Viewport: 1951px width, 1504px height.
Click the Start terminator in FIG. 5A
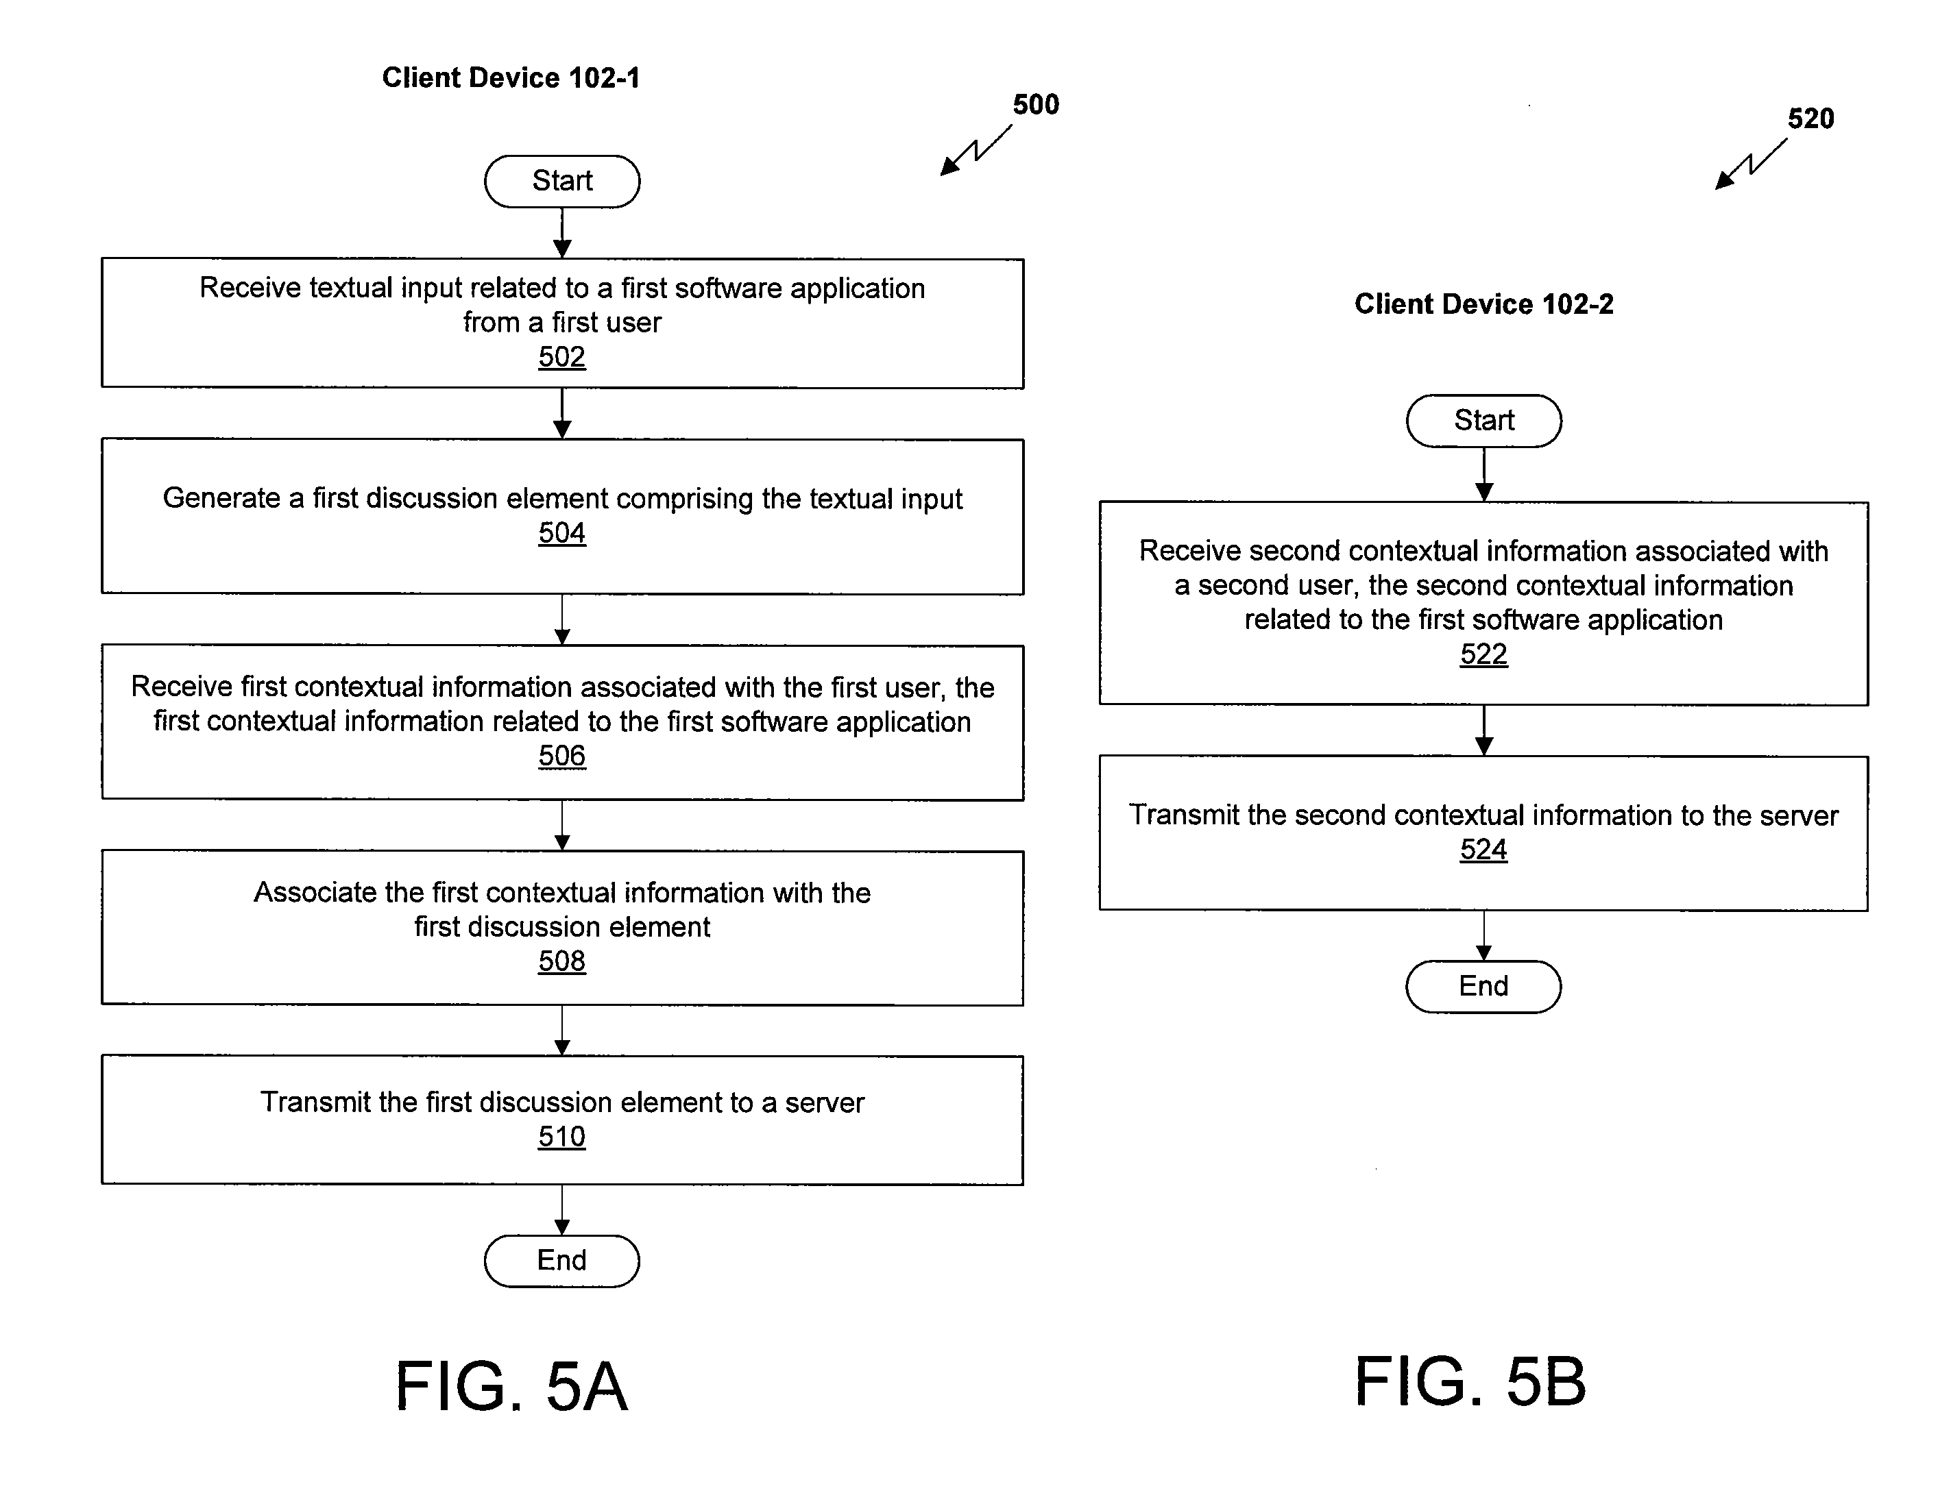[562, 182]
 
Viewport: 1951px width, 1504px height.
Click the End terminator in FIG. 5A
[562, 1260]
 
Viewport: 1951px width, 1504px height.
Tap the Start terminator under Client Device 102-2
[1483, 421]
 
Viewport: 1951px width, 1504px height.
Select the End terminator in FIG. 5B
[1483, 986]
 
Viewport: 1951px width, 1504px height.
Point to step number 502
[562, 357]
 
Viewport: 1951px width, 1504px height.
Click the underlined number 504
[562, 533]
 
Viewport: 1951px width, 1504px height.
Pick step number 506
[562, 756]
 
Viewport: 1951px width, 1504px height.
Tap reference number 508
[562, 961]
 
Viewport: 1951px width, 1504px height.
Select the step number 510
[562, 1137]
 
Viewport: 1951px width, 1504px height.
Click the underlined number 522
[1483, 654]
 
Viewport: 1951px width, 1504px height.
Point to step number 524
[1483, 850]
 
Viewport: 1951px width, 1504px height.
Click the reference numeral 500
[1037, 105]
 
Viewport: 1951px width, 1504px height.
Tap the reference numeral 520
[1810, 119]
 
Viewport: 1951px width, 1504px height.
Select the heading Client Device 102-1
[511, 77]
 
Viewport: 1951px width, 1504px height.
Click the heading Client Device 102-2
[1483, 304]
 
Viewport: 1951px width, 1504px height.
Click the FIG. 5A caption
[512, 1385]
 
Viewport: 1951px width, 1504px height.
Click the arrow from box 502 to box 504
[562, 413]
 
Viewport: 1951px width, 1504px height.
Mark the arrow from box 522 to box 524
[1483, 730]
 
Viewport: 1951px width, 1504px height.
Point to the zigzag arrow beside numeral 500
[975, 150]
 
